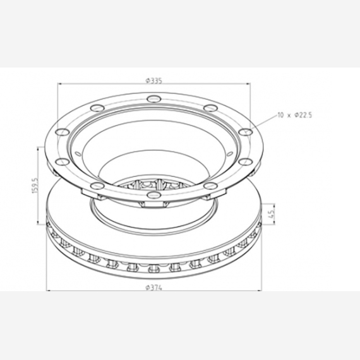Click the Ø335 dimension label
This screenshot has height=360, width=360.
click(154, 81)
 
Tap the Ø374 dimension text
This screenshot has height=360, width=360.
click(154, 287)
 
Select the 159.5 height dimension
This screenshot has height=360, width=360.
click(35, 185)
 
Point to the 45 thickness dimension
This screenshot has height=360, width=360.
click(272, 214)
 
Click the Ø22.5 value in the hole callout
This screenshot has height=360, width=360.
click(303, 115)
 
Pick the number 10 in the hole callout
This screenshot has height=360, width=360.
click(280, 115)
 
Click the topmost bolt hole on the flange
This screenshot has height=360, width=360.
click(154, 99)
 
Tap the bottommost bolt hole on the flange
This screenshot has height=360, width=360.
click(154, 195)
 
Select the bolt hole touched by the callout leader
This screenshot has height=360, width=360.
click(245, 132)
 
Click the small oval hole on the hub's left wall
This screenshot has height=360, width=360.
click(78, 153)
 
